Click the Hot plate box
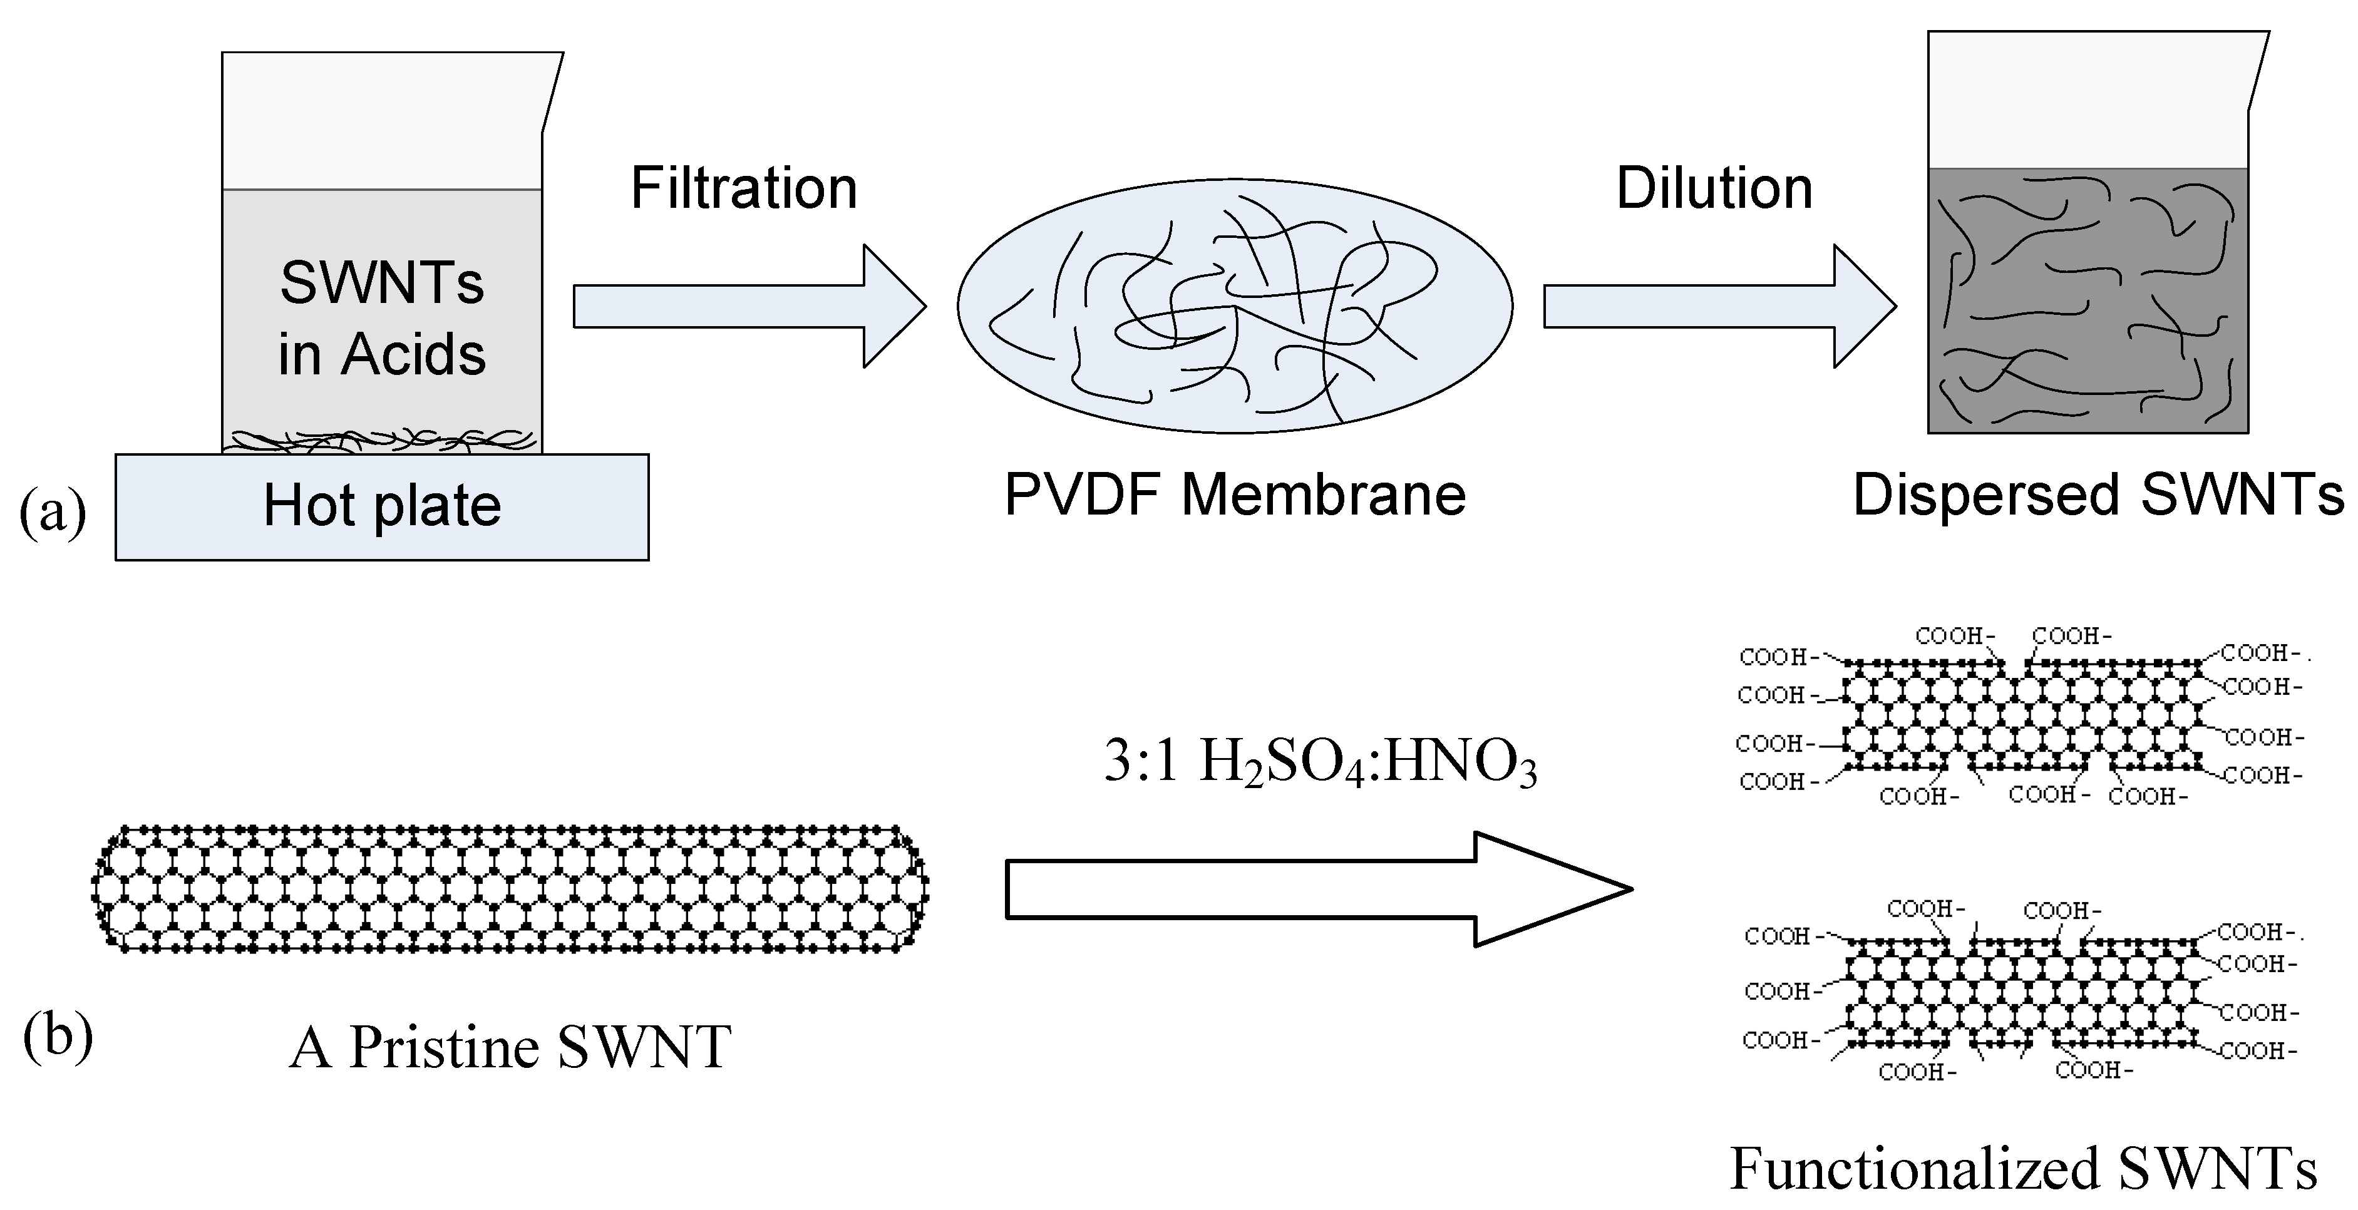click(382, 506)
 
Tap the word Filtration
click(743, 188)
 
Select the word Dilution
click(1714, 188)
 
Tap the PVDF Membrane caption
click(1235, 495)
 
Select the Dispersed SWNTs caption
click(2098, 495)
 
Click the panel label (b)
click(58, 1039)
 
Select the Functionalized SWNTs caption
click(2023, 1169)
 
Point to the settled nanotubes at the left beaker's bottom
click(382, 441)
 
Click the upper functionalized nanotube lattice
click(2023, 714)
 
